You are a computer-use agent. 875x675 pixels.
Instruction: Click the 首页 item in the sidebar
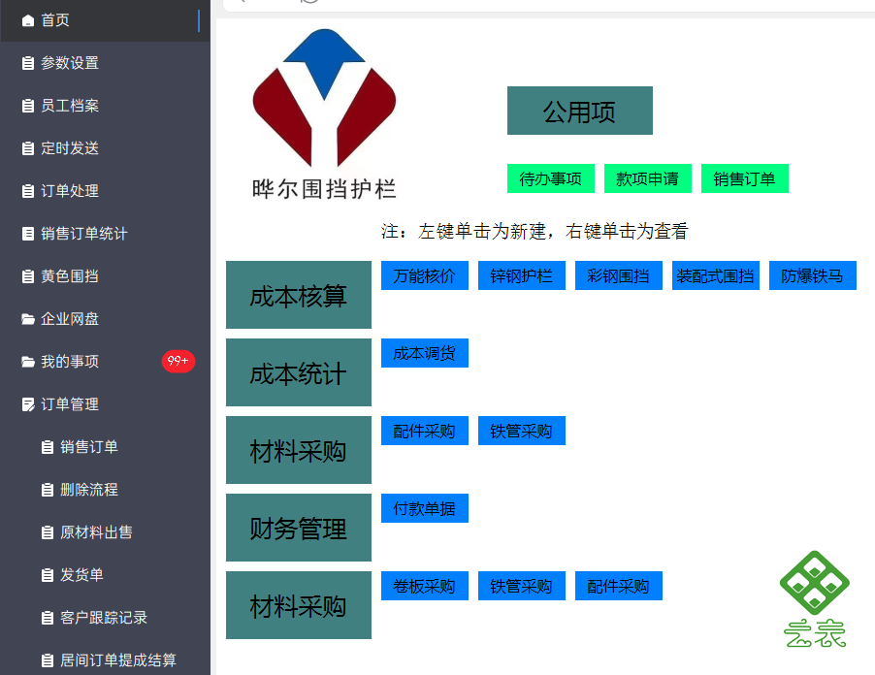(54, 20)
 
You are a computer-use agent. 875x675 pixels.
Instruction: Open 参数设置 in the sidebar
(69, 63)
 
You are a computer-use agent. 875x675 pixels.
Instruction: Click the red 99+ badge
(178, 361)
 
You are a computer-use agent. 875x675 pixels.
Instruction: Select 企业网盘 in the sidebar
(69, 319)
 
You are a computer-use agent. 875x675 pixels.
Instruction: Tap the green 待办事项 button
(551, 178)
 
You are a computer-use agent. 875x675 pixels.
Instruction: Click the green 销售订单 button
(744, 178)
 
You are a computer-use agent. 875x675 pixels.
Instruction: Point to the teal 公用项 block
(580, 111)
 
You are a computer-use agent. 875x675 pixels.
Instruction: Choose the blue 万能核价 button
(425, 275)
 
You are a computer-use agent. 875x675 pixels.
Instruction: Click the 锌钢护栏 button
(522, 275)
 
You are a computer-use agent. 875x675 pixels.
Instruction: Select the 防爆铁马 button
(813, 275)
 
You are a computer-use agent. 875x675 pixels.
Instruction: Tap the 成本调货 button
(425, 353)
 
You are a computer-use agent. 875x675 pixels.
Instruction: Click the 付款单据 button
(425, 508)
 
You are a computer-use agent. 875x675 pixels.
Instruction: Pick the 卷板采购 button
(425, 586)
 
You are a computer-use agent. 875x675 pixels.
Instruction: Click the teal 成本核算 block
(299, 295)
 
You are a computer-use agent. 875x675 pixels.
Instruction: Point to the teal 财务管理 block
(299, 528)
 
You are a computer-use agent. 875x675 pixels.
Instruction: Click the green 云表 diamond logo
(815, 583)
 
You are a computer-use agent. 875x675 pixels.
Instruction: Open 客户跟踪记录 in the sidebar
(103, 618)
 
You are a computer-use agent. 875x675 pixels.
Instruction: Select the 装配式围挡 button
(715, 275)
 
